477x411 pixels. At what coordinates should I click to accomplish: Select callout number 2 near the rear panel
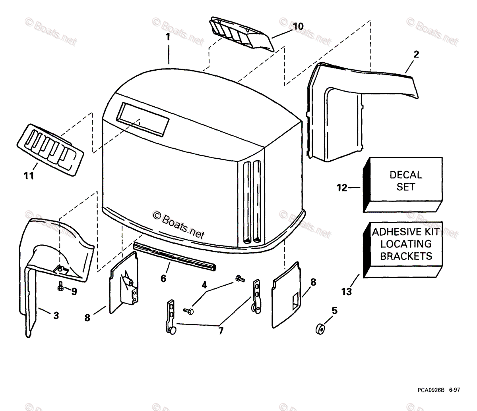(x=416, y=54)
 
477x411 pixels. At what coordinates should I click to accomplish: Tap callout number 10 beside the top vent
(x=298, y=27)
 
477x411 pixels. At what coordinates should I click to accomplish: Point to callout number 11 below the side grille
(x=28, y=176)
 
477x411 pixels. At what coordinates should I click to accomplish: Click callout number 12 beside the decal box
(x=342, y=188)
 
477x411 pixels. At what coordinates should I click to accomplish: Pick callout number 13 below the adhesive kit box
(x=346, y=292)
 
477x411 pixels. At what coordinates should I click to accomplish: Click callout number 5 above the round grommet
(x=334, y=311)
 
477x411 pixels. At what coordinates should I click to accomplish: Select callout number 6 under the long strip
(x=163, y=278)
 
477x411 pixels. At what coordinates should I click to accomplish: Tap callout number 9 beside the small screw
(x=74, y=292)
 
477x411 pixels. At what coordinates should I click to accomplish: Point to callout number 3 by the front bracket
(x=56, y=316)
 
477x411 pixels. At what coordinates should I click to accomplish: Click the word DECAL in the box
(x=405, y=175)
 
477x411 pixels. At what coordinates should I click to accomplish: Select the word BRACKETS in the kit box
(x=405, y=256)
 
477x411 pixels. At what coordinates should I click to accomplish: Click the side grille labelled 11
(x=50, y=149)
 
